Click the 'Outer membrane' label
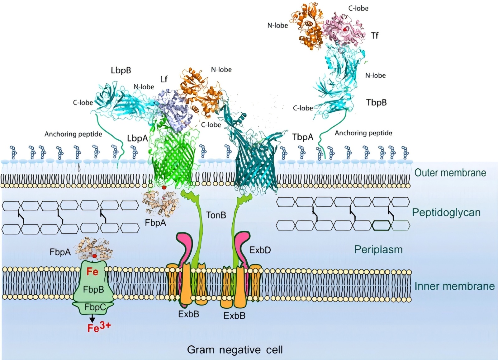click(450, 173)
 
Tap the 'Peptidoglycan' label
click(446, 213)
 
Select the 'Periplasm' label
click(378, 250)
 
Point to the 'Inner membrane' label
click(454, 286)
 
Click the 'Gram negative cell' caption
click(235, 350)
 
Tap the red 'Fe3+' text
click(99, 327)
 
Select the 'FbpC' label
click(95, 307)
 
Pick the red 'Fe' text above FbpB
click(92, 272)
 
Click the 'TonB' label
click(216, 215)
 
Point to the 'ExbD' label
click(260, 250)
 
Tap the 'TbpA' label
click(302, 137)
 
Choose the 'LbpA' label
click(137, 138)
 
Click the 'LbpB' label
click(121, 70)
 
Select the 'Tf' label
click(375, 35)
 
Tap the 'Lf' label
click(164, 79)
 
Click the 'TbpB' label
click(376, 102)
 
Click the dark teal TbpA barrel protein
click(255, 165)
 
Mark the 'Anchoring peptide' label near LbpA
click(73, 134)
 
